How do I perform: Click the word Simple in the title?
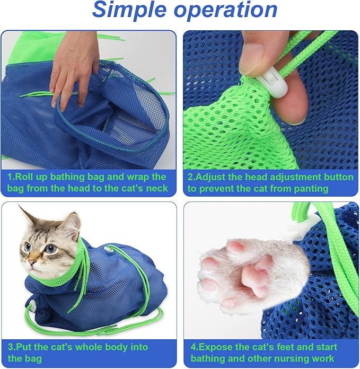pos(131,11)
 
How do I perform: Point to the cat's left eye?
pos(51,248)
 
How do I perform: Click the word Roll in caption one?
pos(28,177)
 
